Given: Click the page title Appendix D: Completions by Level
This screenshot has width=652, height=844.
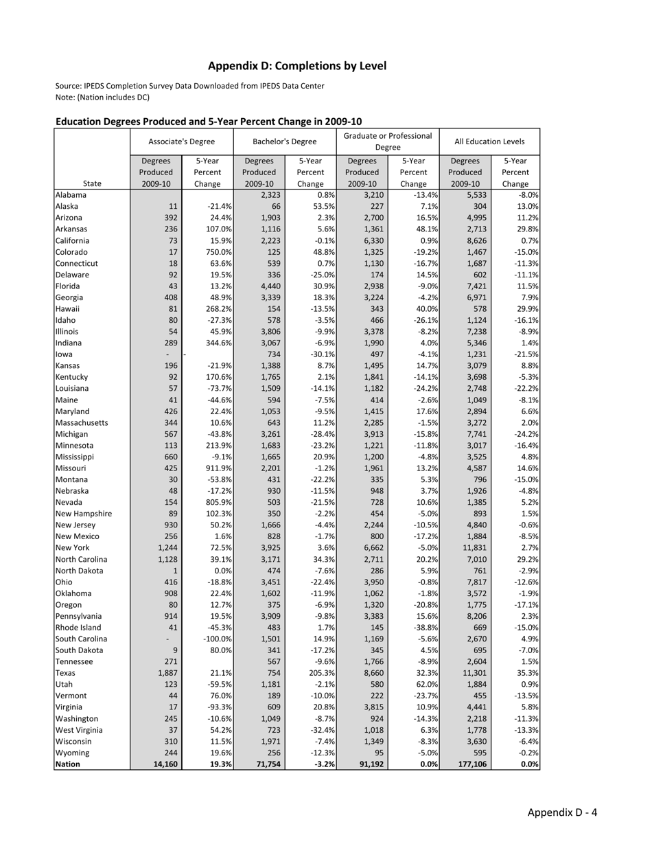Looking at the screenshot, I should coord(297,66).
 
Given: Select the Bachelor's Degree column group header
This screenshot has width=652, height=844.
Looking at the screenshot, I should coord(285,141).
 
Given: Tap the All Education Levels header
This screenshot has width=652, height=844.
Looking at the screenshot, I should coord(489,141).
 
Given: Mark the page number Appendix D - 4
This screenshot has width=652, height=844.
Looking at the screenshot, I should coord(562,813).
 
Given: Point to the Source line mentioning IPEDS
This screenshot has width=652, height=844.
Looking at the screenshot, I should coord(189,86).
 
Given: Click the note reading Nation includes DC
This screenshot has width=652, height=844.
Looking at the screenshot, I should coord(102,97).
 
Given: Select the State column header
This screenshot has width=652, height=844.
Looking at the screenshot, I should coord(92,183).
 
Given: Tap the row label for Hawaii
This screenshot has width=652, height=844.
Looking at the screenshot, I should coord(67,309).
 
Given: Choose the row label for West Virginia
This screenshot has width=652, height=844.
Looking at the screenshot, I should coord(78,729).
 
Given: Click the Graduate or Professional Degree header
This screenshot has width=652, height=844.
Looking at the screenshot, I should coord(388,141).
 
